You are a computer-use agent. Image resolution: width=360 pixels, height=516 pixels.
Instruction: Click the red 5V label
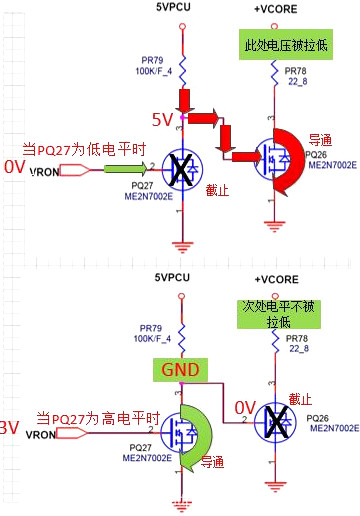click(x=163, y=119)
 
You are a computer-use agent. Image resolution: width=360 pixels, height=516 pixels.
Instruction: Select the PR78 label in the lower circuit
click(x=296, y=339)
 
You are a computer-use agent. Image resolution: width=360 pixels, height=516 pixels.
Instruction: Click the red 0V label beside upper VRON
click(x=13, y=166)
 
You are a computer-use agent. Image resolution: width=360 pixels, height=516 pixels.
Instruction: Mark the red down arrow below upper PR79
click(x=185, y=101)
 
